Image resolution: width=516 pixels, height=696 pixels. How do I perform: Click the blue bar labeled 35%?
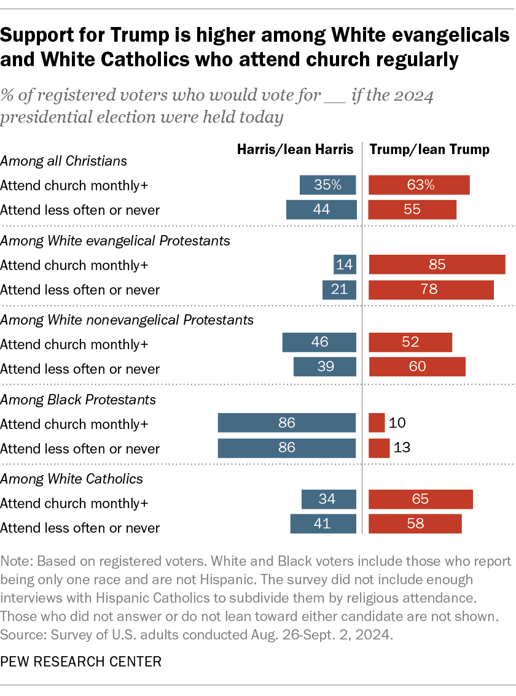[x=328, y=185]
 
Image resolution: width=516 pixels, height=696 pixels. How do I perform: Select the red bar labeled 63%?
[x=419, y=185]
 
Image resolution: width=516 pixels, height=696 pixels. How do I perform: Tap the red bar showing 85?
[x=437, y=265]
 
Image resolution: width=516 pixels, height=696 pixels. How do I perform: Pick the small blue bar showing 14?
[x=345, y=265]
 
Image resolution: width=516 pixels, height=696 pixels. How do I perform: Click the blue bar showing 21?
[x=339, y=290]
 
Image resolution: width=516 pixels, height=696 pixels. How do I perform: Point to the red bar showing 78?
[x=431, y=290]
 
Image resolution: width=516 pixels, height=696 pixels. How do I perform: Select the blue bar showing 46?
[x=319, y=342]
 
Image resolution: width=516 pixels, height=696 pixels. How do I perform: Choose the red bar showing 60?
[x=417, y=367]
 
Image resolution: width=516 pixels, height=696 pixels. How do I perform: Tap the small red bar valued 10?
[x=377, y=423]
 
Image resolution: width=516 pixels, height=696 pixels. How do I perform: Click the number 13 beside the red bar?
[x=402, y=447]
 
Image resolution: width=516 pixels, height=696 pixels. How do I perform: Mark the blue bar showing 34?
[x=329, y=500]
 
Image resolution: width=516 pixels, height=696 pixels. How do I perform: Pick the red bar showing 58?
[x=415, y=524]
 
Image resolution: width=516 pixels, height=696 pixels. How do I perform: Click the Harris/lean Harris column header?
[x=296, y=149]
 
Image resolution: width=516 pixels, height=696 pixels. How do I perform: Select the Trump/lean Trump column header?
[x=429, y=149]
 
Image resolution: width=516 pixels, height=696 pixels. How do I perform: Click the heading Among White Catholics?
[x=71, y=479]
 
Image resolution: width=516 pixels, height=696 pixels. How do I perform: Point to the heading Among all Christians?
[x=63, y=161]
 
